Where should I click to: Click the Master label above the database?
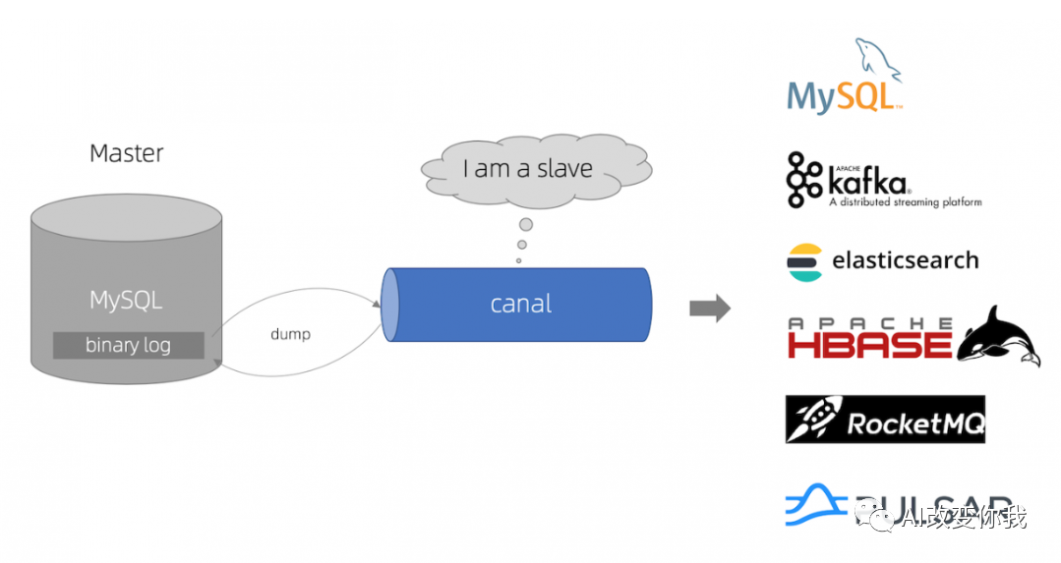(x=126, y=153)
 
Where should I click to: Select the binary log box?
(x=128, y=345)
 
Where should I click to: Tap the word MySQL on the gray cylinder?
(x=126, y=300)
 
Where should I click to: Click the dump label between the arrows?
(x=290, y=334)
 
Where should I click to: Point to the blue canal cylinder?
(x=521, y=305)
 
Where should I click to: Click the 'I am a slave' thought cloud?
(x=528, y=169)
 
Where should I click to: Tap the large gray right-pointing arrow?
(x=710, y=309)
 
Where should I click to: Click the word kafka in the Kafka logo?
(x=867, y=182)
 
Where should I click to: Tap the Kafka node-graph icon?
(x=805, y=180)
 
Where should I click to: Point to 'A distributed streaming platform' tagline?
(x=905, y=202)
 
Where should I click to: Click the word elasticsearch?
(x=906, y=260)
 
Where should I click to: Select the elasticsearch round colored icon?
(x=804, y=261)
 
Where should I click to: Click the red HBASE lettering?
(x=869, y=344)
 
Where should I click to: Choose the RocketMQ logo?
(x=885, y=420)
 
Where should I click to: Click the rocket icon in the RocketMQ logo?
(x=812, y=421)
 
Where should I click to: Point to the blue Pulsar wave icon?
(x=815, y=504)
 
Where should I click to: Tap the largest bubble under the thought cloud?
(x=526, y=225)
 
